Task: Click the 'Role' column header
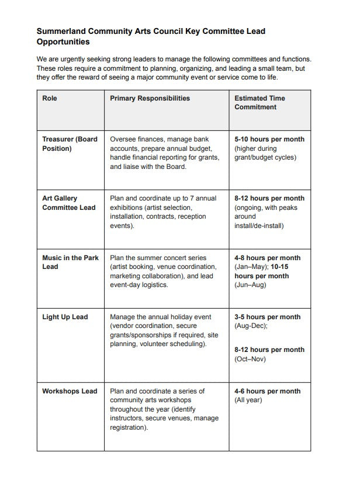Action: coord(50,98)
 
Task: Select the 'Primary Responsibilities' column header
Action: coord(150,98)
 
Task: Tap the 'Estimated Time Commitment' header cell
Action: coord(259,103)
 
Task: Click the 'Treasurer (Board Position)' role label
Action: coord(70,144)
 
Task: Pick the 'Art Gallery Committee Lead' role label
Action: coord(68,203)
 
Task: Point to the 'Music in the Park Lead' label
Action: coord(70,262)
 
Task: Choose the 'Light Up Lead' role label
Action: coord(65,317)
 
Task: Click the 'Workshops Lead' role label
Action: coord(70,391)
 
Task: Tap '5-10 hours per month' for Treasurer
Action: coord(269,140)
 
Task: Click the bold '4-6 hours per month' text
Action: coord(268,391)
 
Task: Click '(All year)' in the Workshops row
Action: coord(248,400)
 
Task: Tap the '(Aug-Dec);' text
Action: coord(251,326)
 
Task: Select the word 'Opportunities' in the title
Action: coord(63,42)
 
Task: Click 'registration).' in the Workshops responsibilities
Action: coord(129,428)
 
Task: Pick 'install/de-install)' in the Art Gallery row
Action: coord(259,226)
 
